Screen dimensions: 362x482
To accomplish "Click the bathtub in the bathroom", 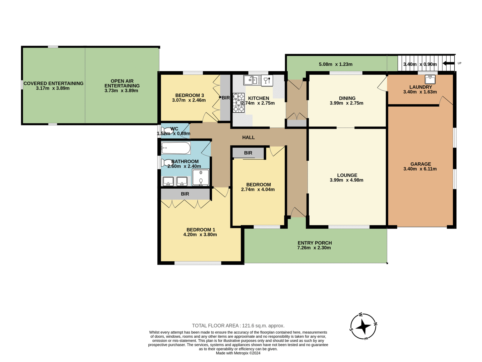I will [176, 148].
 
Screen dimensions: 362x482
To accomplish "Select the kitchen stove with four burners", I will [238, 103].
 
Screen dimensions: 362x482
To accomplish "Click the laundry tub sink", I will [430, 79].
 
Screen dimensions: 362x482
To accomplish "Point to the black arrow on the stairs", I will [448, 64].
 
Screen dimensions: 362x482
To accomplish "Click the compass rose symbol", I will [363, 327].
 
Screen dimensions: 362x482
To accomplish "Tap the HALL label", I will [248, 138].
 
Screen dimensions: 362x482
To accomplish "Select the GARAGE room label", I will [420, 164].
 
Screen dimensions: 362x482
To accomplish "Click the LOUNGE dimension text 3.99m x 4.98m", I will [346, 180].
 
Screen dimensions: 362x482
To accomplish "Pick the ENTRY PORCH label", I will [315, 243].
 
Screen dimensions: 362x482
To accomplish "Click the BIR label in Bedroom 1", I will [185, 194].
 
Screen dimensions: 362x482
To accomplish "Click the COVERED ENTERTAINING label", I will [53, 83].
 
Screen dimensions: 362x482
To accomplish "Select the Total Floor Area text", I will [238, 326].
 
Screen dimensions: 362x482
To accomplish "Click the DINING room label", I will [347, 98].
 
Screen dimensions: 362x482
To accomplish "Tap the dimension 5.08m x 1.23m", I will [335, 64].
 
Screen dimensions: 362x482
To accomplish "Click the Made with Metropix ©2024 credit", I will [238, 353].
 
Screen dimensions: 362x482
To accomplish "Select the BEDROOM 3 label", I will [190, 95].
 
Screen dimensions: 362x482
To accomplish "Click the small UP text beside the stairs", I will [459, 63].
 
